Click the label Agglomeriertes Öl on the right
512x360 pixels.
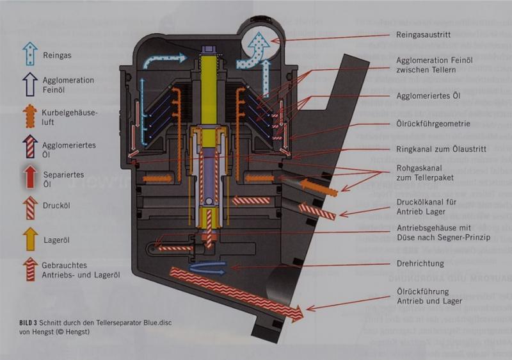[x=428, y=96]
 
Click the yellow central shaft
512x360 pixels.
[x=211, y=90]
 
